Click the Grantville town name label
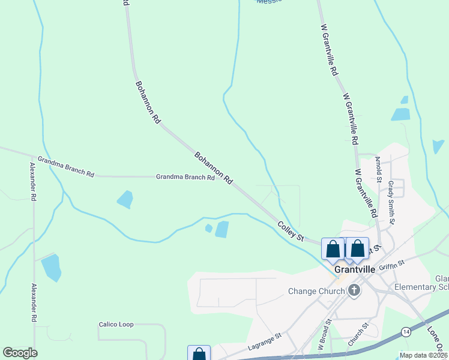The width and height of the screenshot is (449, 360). point(355,269)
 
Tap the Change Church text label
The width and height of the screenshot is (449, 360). point(316,292)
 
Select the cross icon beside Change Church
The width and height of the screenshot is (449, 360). point(354,291)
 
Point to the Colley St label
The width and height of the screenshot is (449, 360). point(290,230)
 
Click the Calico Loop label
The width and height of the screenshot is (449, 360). point(116,325)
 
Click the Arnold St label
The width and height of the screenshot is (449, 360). point(378,169)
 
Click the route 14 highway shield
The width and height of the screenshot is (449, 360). point(406,331)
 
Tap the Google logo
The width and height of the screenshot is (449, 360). point(20,353)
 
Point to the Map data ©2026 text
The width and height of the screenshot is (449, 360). point(423,355)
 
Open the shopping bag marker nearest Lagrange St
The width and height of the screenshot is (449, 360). point(199,354)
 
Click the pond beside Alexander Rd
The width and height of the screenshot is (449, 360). point(51,268)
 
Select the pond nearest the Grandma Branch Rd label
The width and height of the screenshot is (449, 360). point(125,199)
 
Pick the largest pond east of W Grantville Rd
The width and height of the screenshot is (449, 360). point(400,114)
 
